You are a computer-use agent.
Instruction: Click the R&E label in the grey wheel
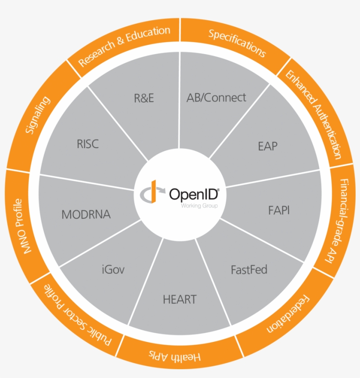[144, 98]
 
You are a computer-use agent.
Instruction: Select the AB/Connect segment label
[216, 97]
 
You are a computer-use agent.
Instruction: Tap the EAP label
[268, 146]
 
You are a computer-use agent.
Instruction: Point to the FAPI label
[279, 210]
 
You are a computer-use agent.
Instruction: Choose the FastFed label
[249, 269]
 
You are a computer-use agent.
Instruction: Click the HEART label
[180, 300]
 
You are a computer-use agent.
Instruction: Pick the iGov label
[112, 269]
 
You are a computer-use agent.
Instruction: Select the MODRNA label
[86, 214]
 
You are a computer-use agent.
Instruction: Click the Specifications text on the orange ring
[237, 43]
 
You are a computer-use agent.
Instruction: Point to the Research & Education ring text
[124, 46]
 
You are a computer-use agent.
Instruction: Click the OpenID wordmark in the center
[194, 194]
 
